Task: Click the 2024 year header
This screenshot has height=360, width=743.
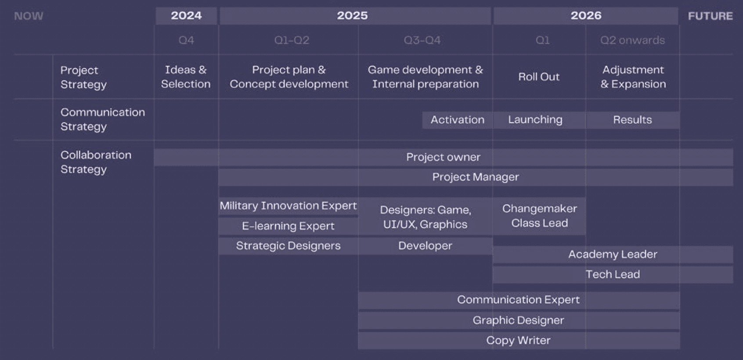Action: [186, 15]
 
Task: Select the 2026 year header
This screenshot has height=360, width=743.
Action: [586, 15]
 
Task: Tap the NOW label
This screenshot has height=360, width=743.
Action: [29, 16]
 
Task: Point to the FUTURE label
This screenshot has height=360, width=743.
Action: [710, 16]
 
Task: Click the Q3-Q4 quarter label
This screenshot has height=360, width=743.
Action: [422, 40]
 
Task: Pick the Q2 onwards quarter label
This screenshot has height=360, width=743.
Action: [632, 40]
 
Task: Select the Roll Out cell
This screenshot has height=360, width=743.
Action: [539, 76]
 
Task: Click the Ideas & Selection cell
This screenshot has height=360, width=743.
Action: [186, 76]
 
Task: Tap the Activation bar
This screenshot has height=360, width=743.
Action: [458, 120]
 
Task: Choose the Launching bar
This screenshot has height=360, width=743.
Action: [539, 120]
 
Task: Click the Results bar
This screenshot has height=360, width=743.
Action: [632, 120]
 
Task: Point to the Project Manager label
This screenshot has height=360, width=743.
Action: [476, 177]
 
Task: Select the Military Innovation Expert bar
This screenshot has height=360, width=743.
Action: [288, 206]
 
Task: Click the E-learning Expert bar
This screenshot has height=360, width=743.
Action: [288, 226]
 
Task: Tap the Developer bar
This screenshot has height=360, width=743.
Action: [425, 246]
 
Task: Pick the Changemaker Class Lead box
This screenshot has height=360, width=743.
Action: [539, 216]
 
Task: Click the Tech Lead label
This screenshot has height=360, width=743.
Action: [613, 274]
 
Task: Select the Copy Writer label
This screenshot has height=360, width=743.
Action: [519, 340]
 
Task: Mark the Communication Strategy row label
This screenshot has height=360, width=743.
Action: [103, 119]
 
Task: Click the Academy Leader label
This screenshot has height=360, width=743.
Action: [613, 254]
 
